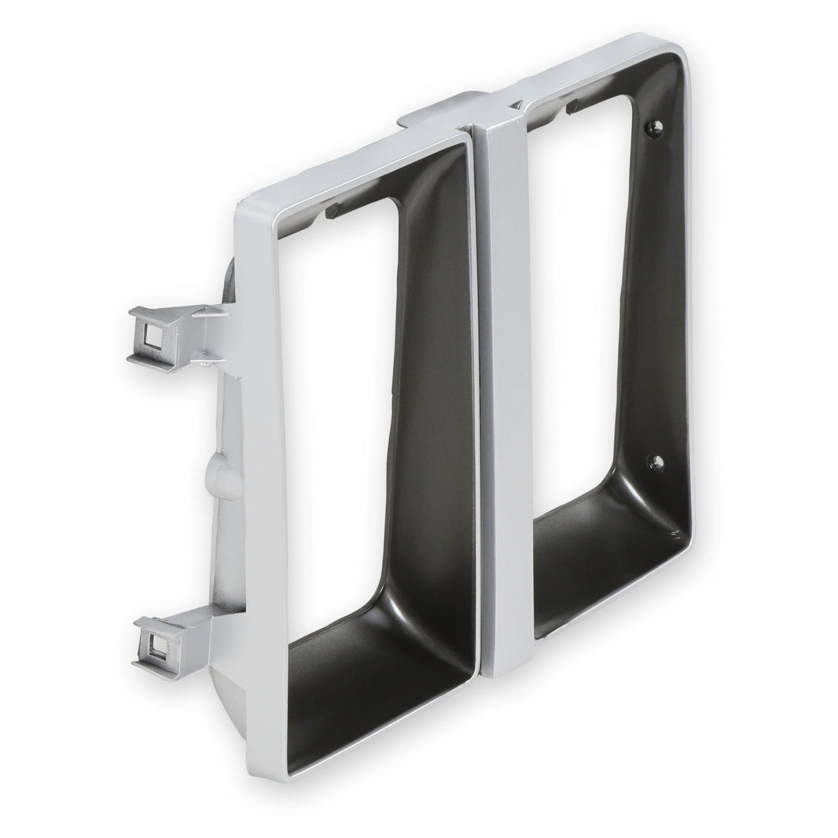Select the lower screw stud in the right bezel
pos(655,461)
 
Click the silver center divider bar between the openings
pos(503,393)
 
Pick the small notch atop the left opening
pos(333,211)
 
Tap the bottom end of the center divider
pos(503,668)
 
